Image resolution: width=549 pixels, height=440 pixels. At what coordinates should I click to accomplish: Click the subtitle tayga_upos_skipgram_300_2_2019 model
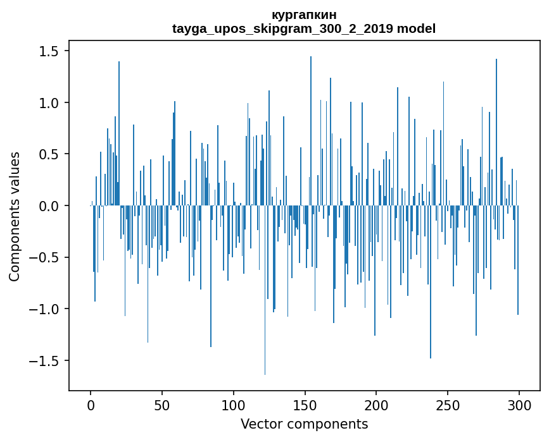pos(303,28)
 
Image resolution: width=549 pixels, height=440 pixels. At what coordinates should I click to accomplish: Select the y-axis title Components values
pos(15,216)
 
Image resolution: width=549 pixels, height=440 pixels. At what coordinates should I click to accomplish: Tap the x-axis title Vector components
pos(304,424)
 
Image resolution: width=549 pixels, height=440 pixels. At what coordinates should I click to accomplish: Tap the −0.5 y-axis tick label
pos(45,258)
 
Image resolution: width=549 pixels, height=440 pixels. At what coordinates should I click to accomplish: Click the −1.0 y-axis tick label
pos(45,309)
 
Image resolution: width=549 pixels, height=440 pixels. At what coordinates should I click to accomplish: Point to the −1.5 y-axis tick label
pos(45,361)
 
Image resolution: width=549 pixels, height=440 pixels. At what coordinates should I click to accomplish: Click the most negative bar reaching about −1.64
pos(265,291)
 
